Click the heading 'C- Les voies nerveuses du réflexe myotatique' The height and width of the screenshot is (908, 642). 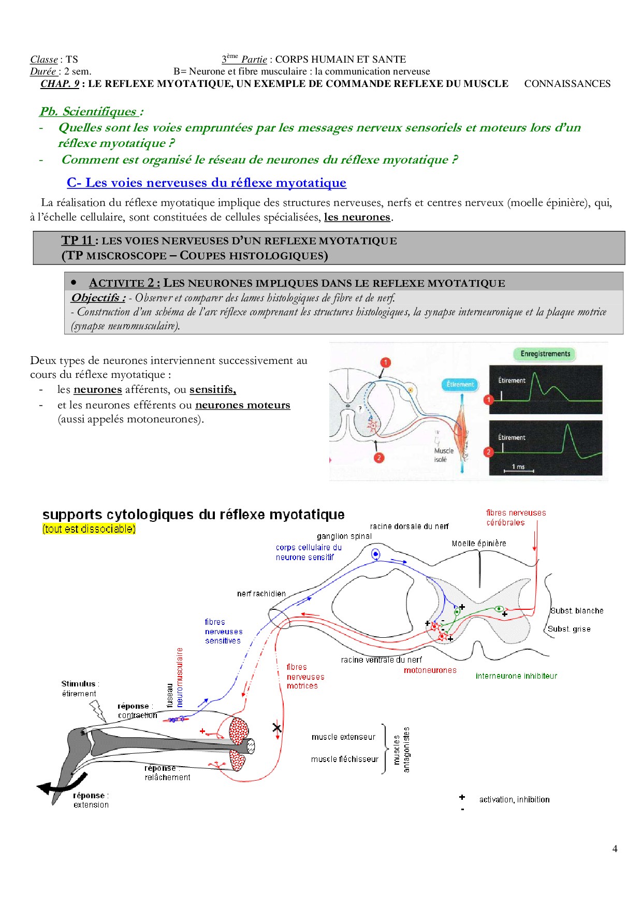pyautogui.click(x=206, y=183)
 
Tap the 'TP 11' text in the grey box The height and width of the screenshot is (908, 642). pyautogui.click(x=77, y=240)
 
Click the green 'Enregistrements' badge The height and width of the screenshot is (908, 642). pyautogui.click(x=545, y=354)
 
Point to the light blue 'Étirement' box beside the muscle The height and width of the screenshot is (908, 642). pyautogui.click(x=460, y=384)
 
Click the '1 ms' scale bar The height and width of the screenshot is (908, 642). pyautogui.click(x=518, y=468)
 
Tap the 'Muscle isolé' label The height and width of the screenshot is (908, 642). pyautogui.click(x=443, y=455)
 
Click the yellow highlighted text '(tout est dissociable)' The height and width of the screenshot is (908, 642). pyautogui.click(x=89, y=529)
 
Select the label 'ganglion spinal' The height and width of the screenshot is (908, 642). pyautogui.click(x=344, y=536)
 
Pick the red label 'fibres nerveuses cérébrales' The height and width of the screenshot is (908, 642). pyautogui.click(x=515, y=518)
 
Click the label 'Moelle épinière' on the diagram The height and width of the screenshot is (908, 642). pyautogui.click(x=478, y=544)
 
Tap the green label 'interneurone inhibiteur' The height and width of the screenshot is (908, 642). pyautogui.click(x=516, y=676)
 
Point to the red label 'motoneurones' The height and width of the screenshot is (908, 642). pyautogui.click(x=430, y=670)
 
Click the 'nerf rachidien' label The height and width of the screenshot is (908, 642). pyautogui.click(x=261, y=594)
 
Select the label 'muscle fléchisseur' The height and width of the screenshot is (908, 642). pyautogui.click(x=344, y=759)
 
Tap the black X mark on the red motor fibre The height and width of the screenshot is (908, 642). pyautogui.click(x=277, y=728)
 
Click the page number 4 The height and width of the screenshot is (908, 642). pyautogui.click(x=615, y=848)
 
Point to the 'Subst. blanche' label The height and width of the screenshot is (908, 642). pyautogui.click(x=577, y=611)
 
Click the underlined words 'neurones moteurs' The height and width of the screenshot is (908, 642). pyautogui.click(x=242, y=405)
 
